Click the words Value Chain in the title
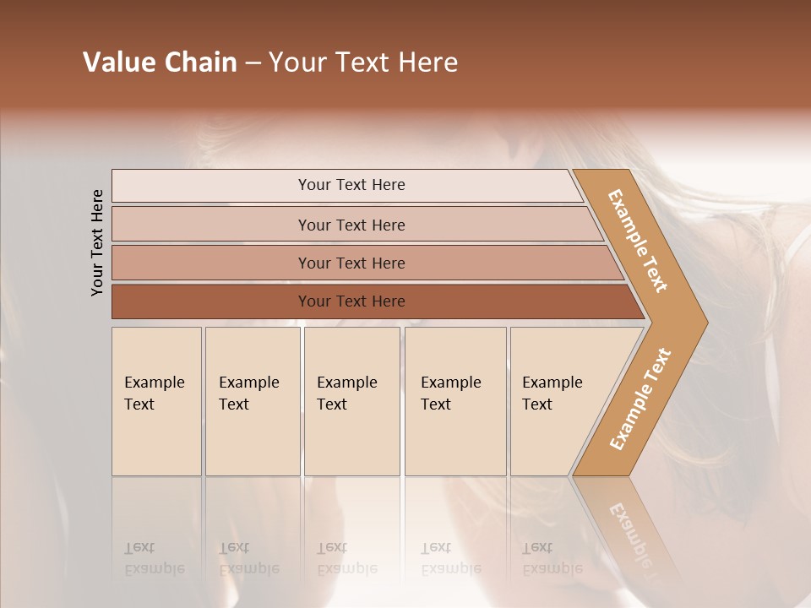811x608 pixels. click(x=160, y=62)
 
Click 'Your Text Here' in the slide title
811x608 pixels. click(x=363, y=62)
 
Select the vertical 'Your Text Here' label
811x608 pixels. click(x=97, y=242)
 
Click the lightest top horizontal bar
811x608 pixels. click(x=351, y=185)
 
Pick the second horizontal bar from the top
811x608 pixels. click(x=351, y=225)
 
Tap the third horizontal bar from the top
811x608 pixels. click(x=351, y=263)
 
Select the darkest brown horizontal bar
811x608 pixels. click(x=351, y=301)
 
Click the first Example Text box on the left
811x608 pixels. click(x=156, y=401)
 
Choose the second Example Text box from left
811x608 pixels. click(x=252, y=401)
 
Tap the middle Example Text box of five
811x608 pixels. click(x=351, y=401)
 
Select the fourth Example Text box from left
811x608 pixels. click(x=454, y=401)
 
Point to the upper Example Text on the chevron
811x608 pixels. click(x=638, y=241)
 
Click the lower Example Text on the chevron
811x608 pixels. click(x=640, y=399)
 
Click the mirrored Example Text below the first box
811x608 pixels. click(x=154, y=559)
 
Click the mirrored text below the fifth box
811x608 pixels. click(x=552, y=559)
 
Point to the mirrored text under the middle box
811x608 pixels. click(x=346, y=559)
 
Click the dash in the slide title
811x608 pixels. click(x=252, y=63)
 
